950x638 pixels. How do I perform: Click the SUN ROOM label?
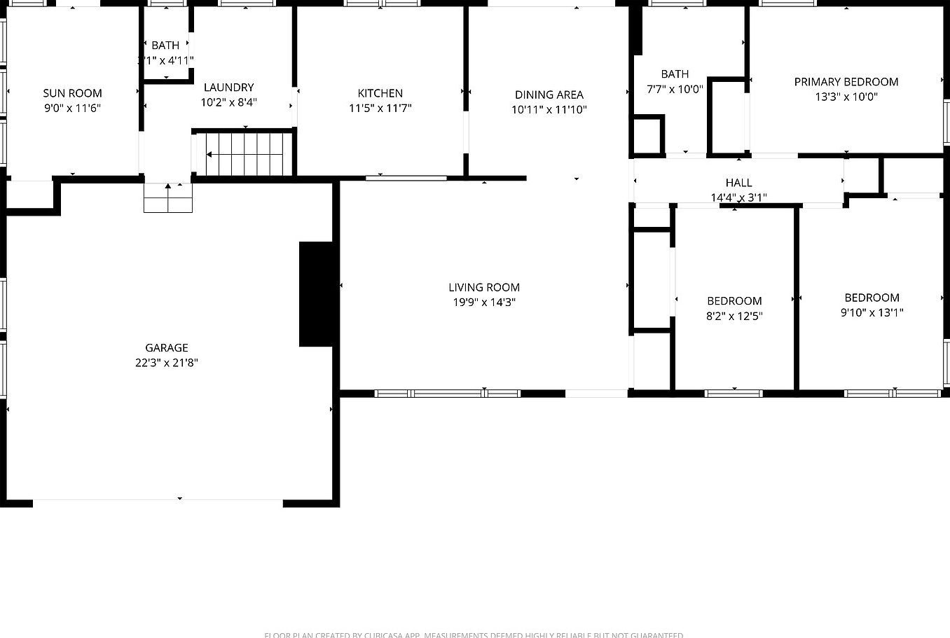pyautogui.click(x=72, y=93)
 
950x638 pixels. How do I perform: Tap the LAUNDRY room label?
pyautogui.click(x=228, y=88)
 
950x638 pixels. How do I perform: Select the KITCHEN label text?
pyautogui.click(x=380, y=93)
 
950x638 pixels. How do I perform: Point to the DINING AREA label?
pyautogui.click(x=549, y=95)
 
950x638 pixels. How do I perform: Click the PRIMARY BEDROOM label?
pyautogui.click(x=846, y=82)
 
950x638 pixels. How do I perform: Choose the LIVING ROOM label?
pyautogui.click(x=484, y=287)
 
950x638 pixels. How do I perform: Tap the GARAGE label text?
pyautogui.click(x=167, y=348)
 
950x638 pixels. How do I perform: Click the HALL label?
pyautogui.click(x=738, y=183)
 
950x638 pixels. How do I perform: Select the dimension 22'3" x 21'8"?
pyautogui.click(x=167, y=363)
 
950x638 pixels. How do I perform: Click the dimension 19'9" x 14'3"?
pyautogui.click(x=484, y=303)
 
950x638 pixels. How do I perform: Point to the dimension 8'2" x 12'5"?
pyautogui.click(x=734, y=316)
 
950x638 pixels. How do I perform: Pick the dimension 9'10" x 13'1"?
pyautogui.click(x=872, y=312)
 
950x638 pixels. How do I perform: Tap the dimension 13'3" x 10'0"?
pyautogui.click(x=846, y=97)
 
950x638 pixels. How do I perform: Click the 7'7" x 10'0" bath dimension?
pyautogui.click(x=674, y=89)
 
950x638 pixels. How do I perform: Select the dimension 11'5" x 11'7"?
pyautogui.click(x=380, y=109)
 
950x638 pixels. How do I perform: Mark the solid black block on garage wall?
pyautogui.click(x=316, y=294)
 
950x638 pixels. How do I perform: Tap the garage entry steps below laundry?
pyautogui.click(x=168, y=198)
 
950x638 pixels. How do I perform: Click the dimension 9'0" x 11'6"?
pyautogui.click(x=72, y=109)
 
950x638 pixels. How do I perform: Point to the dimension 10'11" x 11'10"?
pyautogui.click(x=549, y=110)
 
